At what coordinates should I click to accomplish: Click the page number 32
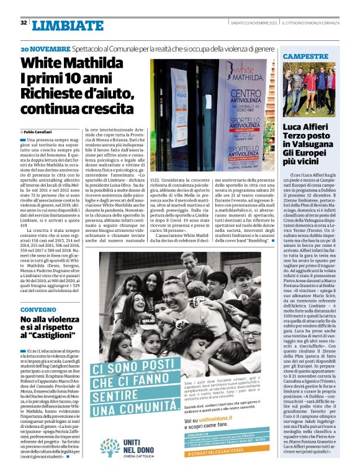point(23,23)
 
